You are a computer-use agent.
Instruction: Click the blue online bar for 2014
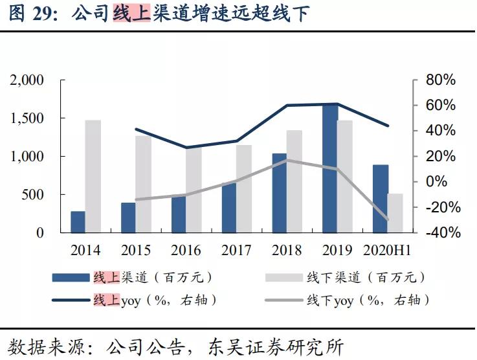[78, 221]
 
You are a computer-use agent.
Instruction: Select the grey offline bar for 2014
[93, 175]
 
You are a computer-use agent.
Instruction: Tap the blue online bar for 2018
[279, 192]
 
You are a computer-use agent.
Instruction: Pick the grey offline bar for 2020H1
[395, 212]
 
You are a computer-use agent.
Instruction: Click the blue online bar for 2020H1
[380, 198]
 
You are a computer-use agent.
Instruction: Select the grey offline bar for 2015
[144, 183]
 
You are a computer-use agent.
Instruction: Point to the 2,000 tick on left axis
[27, 80]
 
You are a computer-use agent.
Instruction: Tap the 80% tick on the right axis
[440, 80]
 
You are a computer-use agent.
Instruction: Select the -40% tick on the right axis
[438, 232]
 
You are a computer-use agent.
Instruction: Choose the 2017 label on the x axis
[236, 250]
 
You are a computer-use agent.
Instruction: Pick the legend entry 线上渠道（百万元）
[153, 277]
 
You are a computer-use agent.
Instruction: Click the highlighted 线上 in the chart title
[131, 12]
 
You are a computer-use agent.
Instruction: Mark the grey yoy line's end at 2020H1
[388, 219]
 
